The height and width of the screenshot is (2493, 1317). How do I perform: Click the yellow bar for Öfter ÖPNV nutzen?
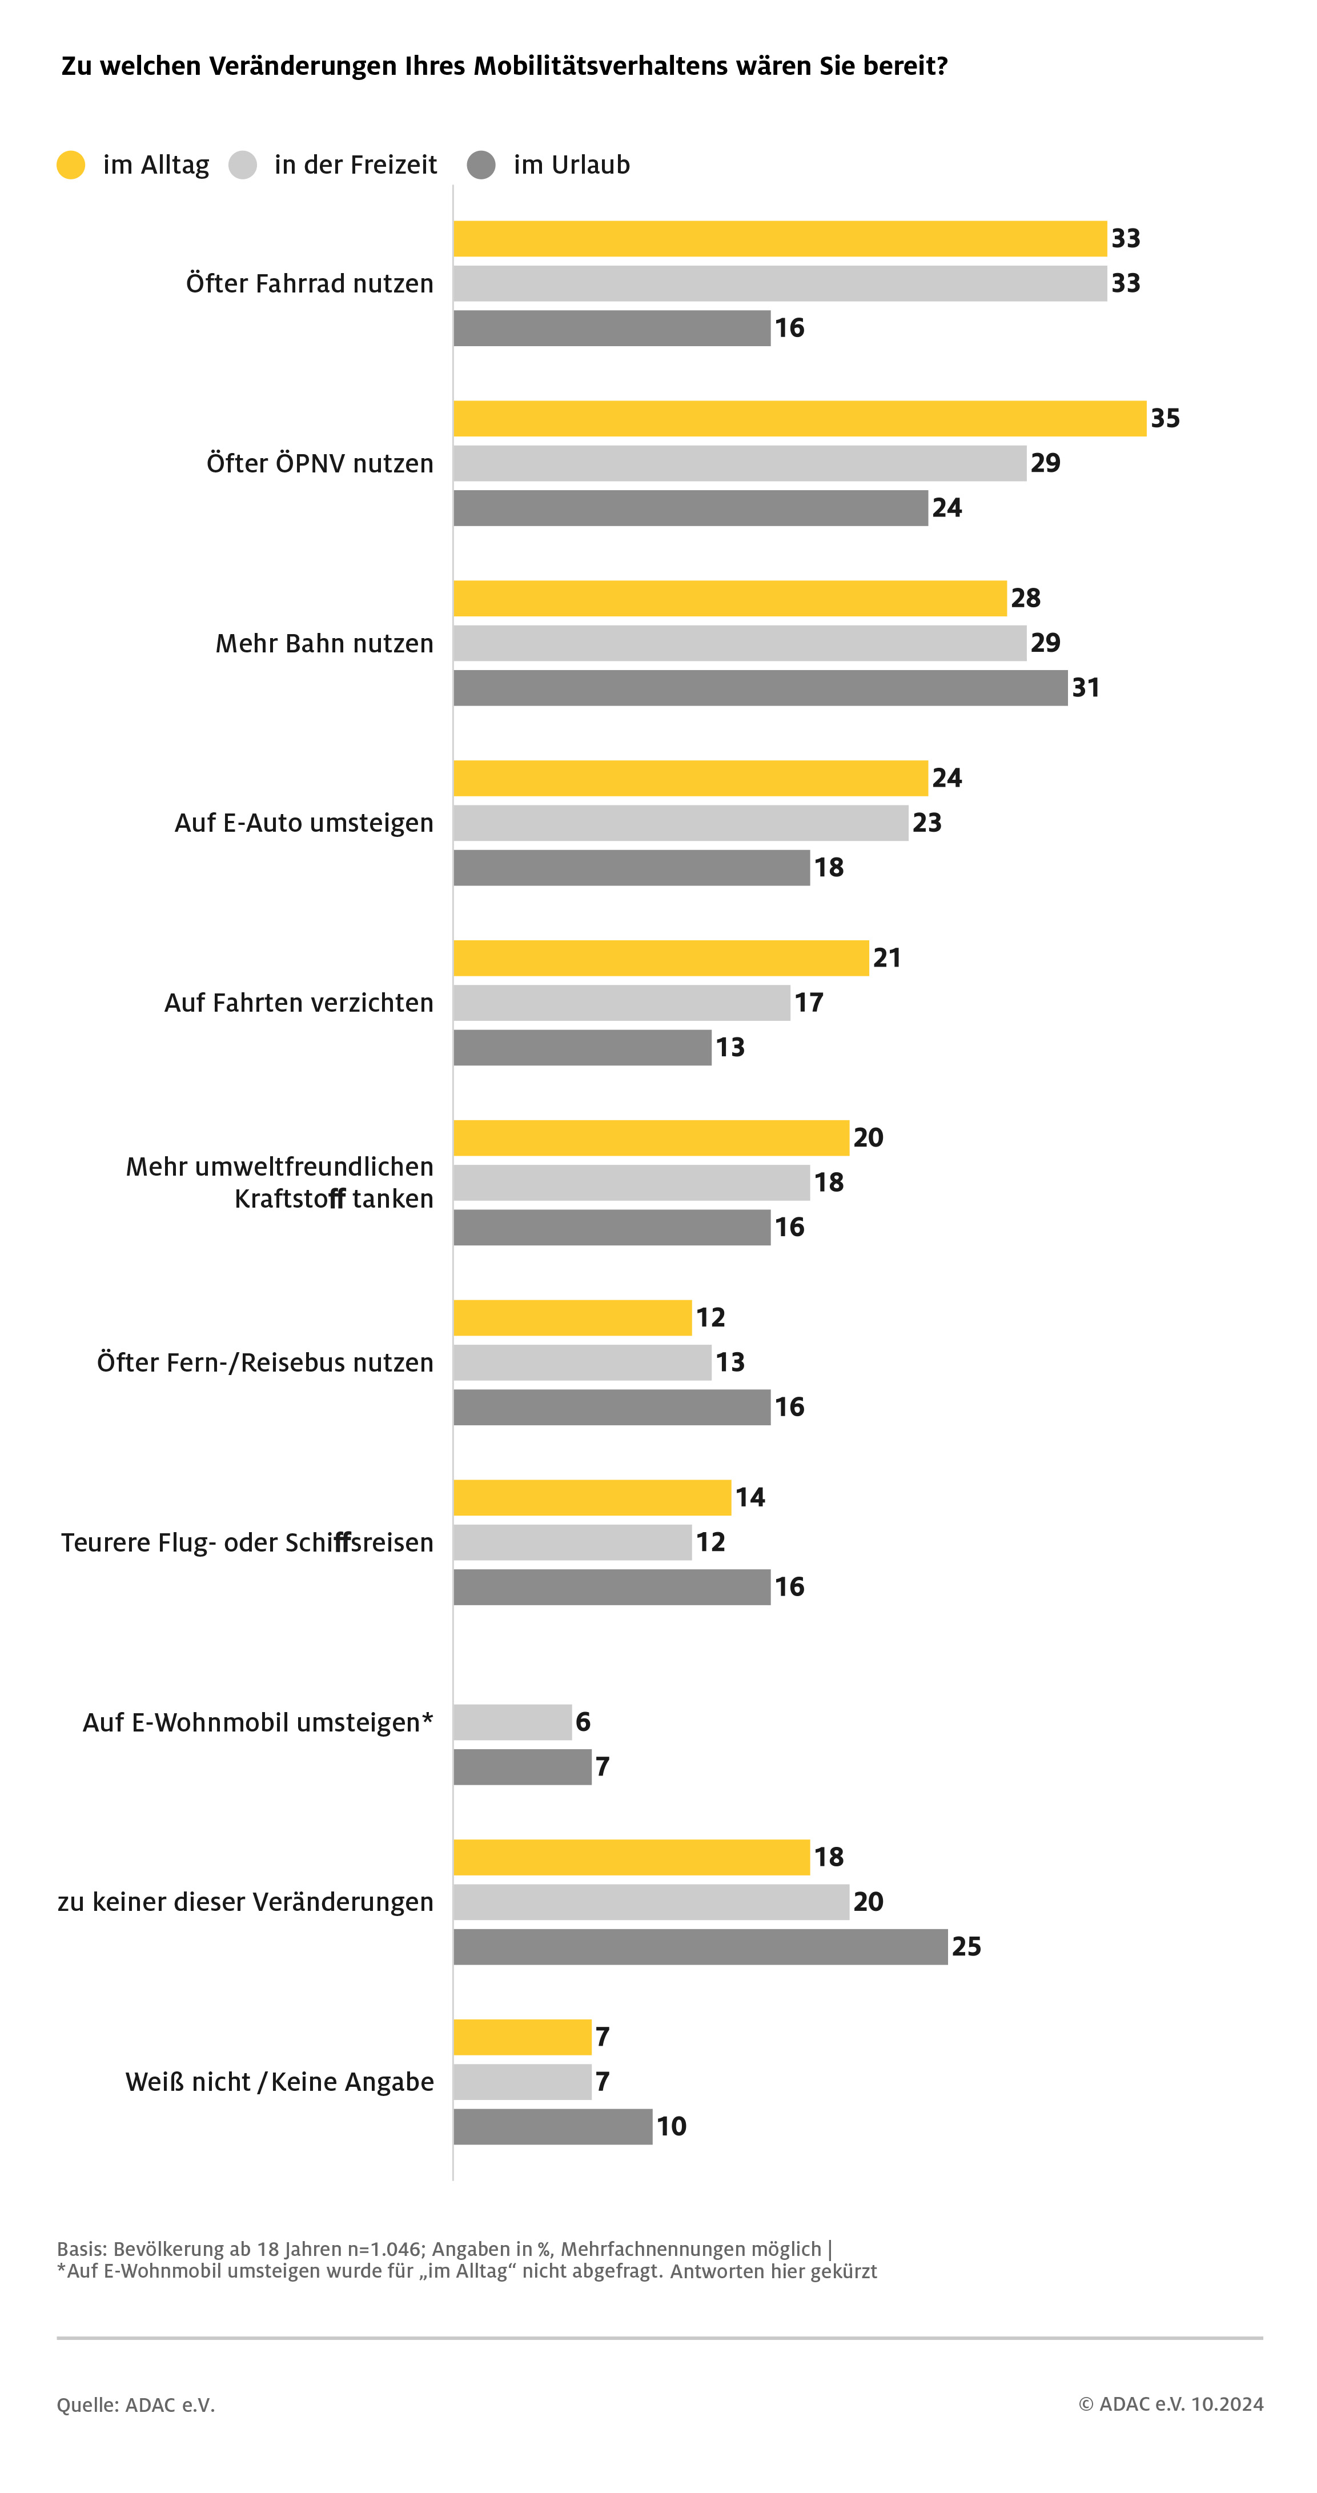(800, 418)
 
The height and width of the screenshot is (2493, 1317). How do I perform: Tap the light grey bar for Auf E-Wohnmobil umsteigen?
(512, 1722)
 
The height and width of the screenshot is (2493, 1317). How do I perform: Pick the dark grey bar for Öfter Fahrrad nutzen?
(612, 328)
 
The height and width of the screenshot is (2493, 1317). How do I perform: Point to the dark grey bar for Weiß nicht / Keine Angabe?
(552, 2126)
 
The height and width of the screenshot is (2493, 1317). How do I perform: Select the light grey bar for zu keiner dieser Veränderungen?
(651, 1902)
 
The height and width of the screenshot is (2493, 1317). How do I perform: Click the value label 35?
(1165, 418)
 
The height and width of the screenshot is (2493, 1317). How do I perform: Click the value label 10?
(672, 2126)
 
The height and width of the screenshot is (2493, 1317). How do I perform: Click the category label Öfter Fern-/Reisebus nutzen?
(265, 1362)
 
